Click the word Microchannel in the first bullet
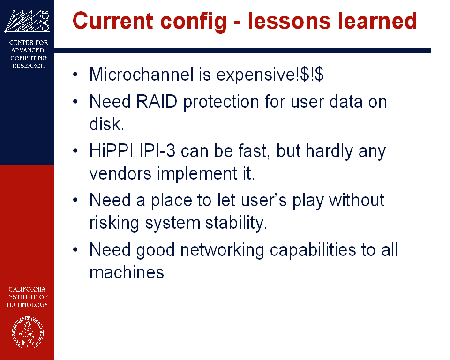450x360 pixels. [x=142, y=75]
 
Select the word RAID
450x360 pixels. [x=157, y=102]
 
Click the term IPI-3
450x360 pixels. [x=157, y=151]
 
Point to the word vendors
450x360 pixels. [x=120, y=173]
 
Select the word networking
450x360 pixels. [x=222, y=250]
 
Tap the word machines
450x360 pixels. [x=127, y=272]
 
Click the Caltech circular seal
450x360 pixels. [x=28, y=332]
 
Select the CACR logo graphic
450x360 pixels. [x=27, y=21]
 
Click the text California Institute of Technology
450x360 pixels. [x=27, y=297]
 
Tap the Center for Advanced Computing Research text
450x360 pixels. [x=29, y=54]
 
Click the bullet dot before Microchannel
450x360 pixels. [x=75, y=75]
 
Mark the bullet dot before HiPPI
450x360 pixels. [x=75, y=151]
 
